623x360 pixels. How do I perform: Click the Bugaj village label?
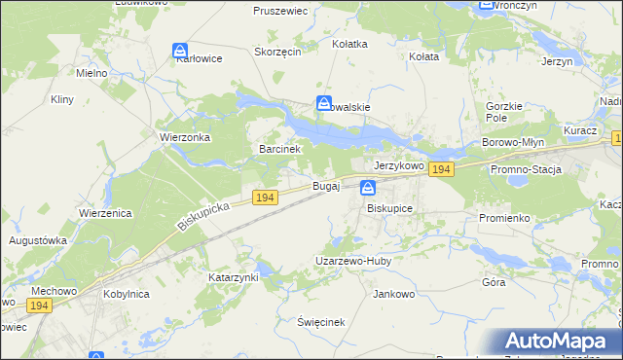[325, 185]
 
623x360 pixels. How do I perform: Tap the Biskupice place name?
[390, 208]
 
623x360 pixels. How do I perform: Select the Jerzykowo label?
[399, 166]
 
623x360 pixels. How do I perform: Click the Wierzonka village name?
[185, 137]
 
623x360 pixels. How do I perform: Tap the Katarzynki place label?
[234, 277]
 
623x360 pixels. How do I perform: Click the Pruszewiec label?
[280, 11]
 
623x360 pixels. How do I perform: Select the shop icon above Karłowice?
[180, 50]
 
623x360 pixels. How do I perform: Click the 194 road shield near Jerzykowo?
[441, 169]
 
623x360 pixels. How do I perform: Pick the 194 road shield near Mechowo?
[39, 306]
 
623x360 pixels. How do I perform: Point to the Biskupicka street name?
[203, 216]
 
